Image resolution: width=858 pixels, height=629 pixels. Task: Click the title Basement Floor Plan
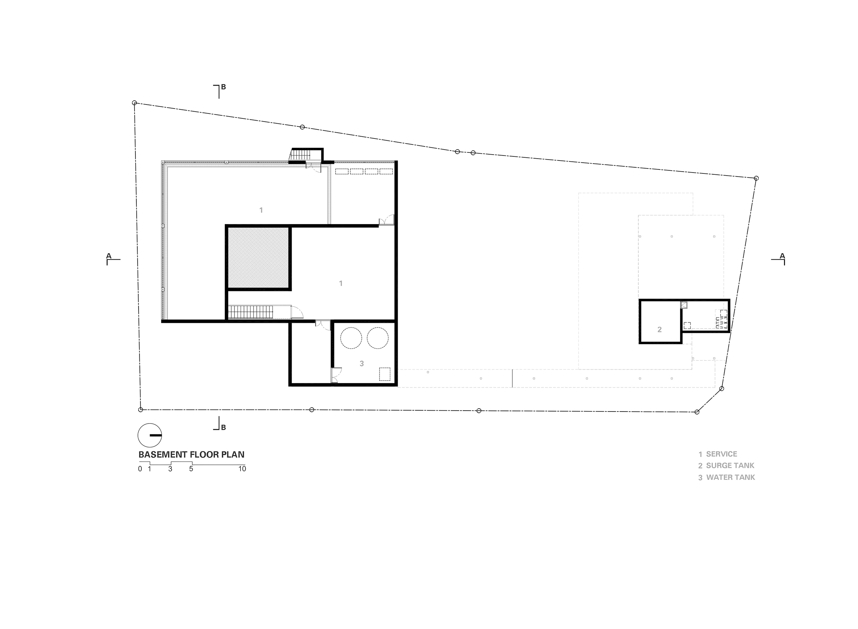[x=191, y=455]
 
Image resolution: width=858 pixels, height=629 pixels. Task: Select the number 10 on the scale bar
[x=242, y=469]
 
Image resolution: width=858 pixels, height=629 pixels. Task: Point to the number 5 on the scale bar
[x=191, y=469]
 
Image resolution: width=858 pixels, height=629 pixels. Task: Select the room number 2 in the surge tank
[x=660, y=330]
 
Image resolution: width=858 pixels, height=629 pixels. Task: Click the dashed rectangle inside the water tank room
[x=385, y=374]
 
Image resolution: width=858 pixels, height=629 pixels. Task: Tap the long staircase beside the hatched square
[x=251, y=312]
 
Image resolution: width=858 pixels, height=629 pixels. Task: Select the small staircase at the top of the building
[x=301, y=154]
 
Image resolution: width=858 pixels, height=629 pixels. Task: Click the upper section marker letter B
[x=224, y=87]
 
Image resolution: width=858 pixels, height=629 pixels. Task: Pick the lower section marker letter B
[x=224, y=427]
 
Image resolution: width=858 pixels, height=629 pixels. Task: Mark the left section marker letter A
[x=109, y=256]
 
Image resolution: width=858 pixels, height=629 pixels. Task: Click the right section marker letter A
[x=782, y=256]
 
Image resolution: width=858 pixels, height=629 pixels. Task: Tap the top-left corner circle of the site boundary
[x=134, y=103]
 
